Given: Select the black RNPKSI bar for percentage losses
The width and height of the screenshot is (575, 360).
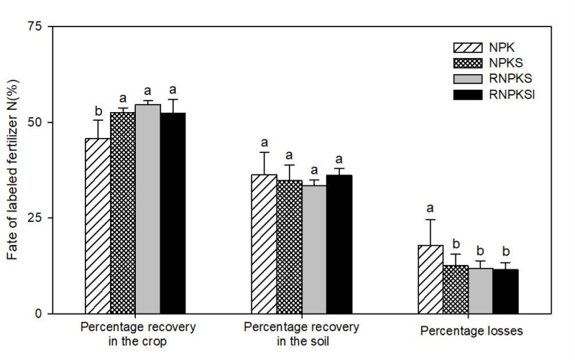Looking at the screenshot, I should [x=505, y=291].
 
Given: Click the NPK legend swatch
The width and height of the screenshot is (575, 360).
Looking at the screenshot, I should [x=467, y=48].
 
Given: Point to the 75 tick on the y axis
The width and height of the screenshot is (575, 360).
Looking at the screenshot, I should [x=36, y=27].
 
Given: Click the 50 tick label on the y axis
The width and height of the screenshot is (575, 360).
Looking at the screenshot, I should [x=36, y=122].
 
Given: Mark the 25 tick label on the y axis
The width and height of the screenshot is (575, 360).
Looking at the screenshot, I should [x=36, y=218].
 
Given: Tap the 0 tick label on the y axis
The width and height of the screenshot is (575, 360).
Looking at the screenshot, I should [x=39, y=314].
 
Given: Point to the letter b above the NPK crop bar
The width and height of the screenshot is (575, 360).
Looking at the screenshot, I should [x=98, y=111].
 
